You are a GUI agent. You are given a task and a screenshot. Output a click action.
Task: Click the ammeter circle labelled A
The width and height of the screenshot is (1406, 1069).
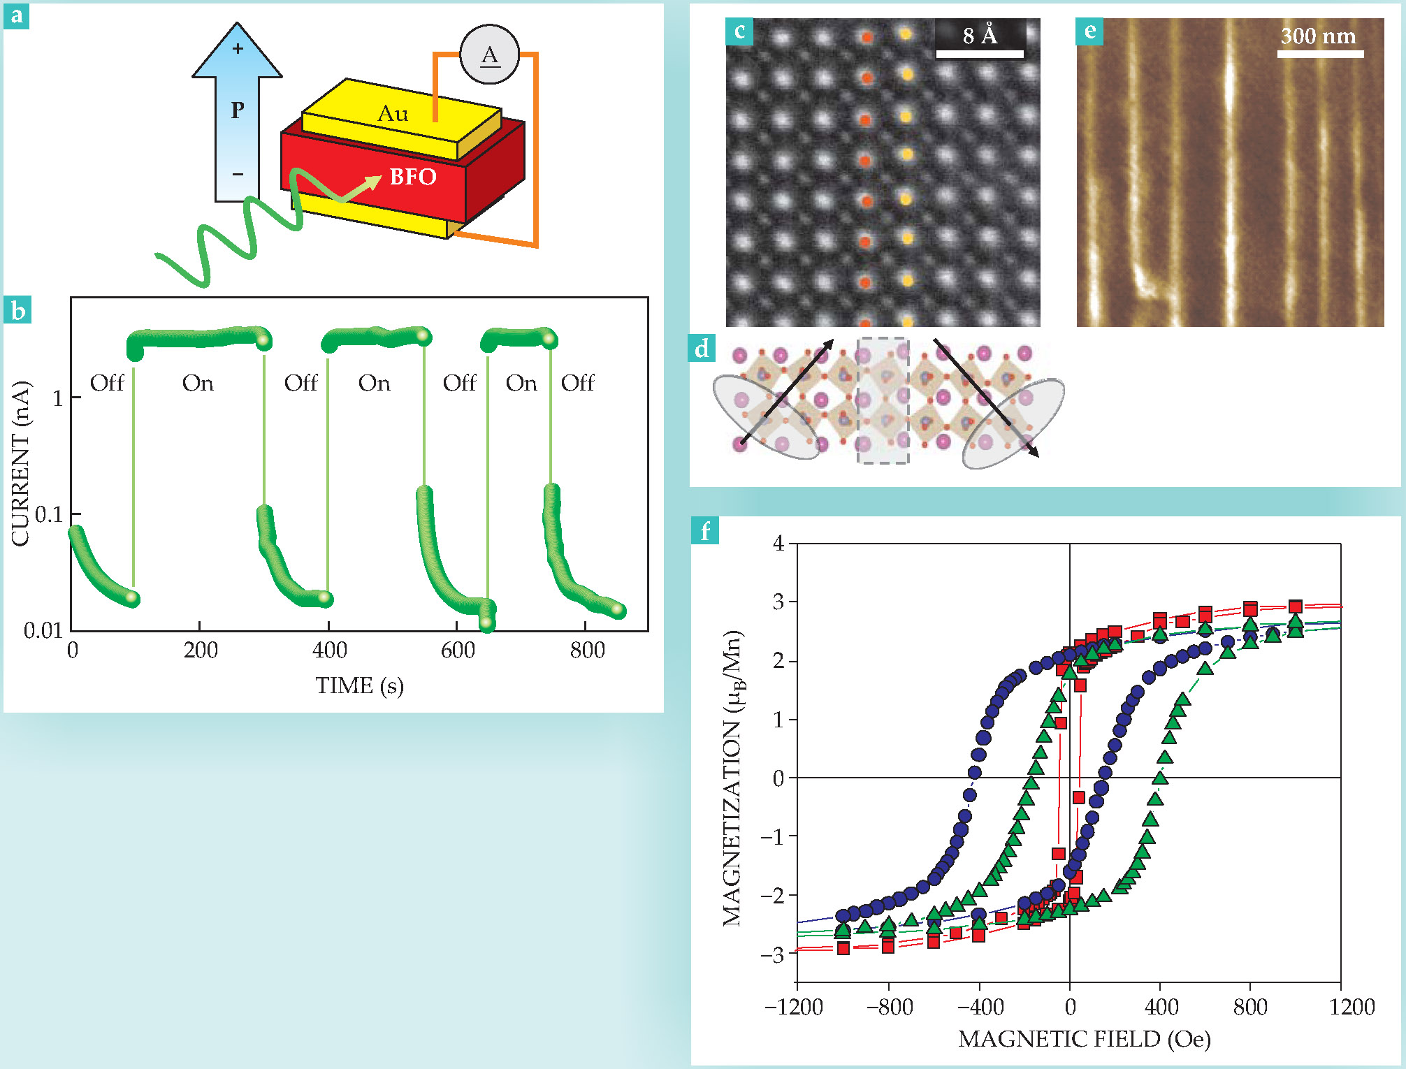489,54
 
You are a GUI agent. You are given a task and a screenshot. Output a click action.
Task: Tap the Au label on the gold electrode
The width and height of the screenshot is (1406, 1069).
393,113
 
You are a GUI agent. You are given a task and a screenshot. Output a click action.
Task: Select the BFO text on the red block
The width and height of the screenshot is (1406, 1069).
413,177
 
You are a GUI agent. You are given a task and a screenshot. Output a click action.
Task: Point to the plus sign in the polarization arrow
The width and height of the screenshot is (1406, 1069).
238,48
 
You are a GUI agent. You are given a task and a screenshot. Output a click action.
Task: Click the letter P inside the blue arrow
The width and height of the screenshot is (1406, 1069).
238,110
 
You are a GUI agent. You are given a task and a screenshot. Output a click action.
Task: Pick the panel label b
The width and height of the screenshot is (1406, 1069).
17,310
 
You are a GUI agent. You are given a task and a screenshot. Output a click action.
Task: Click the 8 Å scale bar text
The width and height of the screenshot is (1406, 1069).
980,35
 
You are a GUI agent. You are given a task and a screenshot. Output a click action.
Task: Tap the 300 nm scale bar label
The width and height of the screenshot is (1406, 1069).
1318,36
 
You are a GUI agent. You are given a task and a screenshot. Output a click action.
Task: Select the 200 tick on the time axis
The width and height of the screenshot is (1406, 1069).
201,650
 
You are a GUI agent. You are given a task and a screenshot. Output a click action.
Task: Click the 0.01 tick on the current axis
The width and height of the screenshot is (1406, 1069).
43,631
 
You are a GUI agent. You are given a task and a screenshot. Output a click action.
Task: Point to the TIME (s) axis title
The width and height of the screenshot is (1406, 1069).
359,685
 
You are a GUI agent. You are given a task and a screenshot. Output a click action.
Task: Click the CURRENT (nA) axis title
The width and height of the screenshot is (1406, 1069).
21,463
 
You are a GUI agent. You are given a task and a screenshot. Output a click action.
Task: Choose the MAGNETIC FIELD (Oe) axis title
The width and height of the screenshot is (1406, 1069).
1084,1039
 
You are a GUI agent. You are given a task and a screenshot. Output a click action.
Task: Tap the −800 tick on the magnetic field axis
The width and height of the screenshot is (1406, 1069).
890,1007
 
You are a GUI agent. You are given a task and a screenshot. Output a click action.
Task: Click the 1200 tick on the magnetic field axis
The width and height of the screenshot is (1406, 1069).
1351,1007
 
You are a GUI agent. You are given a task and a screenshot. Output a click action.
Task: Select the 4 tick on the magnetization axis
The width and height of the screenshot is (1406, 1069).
779,544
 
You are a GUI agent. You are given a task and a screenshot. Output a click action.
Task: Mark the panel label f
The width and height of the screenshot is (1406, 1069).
705,531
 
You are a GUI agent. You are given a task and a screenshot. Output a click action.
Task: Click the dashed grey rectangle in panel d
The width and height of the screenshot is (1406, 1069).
883,400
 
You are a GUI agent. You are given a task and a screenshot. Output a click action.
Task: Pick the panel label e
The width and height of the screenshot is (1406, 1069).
1089,31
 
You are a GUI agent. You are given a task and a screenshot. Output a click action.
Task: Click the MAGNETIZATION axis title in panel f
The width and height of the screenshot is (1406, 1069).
732,778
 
